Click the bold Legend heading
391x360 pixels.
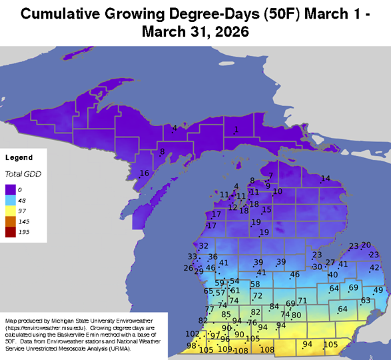19,158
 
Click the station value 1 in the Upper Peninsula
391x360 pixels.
236,129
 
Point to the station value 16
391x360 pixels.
144,173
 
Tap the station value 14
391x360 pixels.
326,178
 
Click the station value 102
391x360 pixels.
192,333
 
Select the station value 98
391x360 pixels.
191,345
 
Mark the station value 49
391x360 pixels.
378,290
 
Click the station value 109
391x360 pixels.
225,349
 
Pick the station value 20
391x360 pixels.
366,245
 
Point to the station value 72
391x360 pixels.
258,295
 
